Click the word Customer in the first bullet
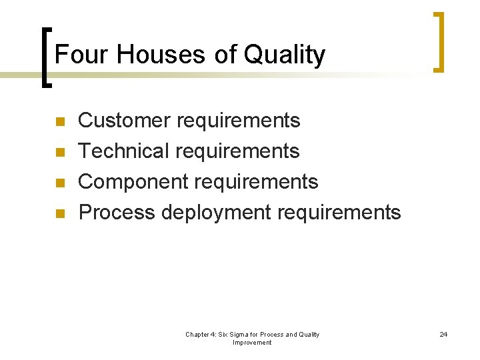pyautogui.click(x=124, y=121)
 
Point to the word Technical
pyautogui.click(x=124, y=151)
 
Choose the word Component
pyautogui.click(x=131, y=182)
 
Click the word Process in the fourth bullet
pyautogui.click(x=117, y=213)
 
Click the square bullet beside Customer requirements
pyautogui.click(x=59, y=122)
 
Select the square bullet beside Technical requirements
pyautogui.click(x=59, y=153)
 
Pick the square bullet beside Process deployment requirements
pyautogui.click(x=59, y=214)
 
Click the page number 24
pyautogui.click(x=443, y=335)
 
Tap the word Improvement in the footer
pyautogui.click(x=252, y=343)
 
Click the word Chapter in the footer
pyautogui.click(x=198, y=335)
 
